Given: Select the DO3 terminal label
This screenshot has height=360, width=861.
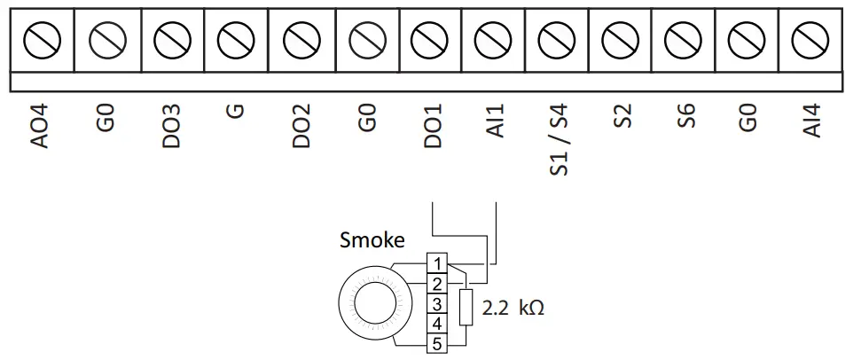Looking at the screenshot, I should (171, 126).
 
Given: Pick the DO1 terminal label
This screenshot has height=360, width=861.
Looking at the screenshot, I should (433, 126).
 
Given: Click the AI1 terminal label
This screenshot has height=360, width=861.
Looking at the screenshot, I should (497, 121).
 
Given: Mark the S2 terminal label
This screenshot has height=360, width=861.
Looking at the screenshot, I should (624, 116).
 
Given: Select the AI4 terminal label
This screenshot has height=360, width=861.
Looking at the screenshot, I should (812, 121).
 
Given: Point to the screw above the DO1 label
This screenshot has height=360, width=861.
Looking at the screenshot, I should (431, 40).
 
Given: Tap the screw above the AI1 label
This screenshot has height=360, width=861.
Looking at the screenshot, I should (493, 40).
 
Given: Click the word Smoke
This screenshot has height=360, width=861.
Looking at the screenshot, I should (372, 240).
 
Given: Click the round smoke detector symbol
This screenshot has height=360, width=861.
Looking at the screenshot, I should (372, 303).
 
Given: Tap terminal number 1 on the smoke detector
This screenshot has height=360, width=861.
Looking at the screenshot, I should (436, 263).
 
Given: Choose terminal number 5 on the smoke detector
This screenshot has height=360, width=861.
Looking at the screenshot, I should (436, 343).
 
